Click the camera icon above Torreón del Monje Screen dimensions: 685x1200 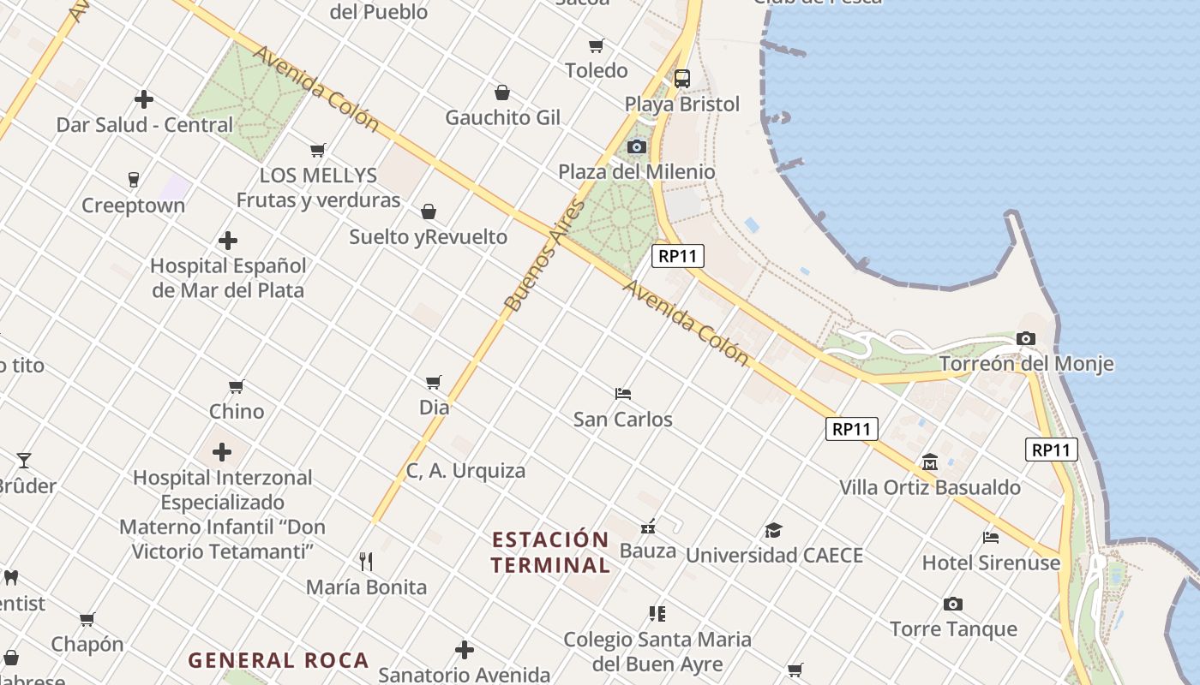click(x=1026, y=339)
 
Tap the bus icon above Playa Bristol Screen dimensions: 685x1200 click(x=682, y=79)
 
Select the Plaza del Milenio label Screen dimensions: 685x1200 click(x=636, y=172)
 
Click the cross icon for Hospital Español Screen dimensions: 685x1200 click(x=228, y=241)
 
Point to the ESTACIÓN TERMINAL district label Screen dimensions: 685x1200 click(x=550, y=552)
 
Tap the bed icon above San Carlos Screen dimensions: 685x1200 click(x=623, y=394)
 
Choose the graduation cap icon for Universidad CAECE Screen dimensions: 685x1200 click(x=773, y=530)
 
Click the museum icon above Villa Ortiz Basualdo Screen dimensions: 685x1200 click(x=930, y=462)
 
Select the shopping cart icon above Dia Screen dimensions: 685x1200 click(x=434, y=382)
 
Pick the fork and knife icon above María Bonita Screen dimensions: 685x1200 click(x=366, y=562)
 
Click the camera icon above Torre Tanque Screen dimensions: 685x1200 click(x=953, y=605)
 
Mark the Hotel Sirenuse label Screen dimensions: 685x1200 click(x=991, y=563)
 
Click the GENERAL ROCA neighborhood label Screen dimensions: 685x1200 click(x=279, y=660)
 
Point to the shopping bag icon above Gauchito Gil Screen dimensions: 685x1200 click(x=502, y=92)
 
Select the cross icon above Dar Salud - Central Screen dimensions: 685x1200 click(x=144, y=99)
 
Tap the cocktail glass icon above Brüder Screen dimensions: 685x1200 click(x=24, y=461)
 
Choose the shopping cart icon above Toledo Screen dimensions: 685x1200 click(x=596, y=45)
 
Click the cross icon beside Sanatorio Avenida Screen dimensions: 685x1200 click(x=465, y=651)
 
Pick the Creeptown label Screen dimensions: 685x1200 click(x=133, y=205)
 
